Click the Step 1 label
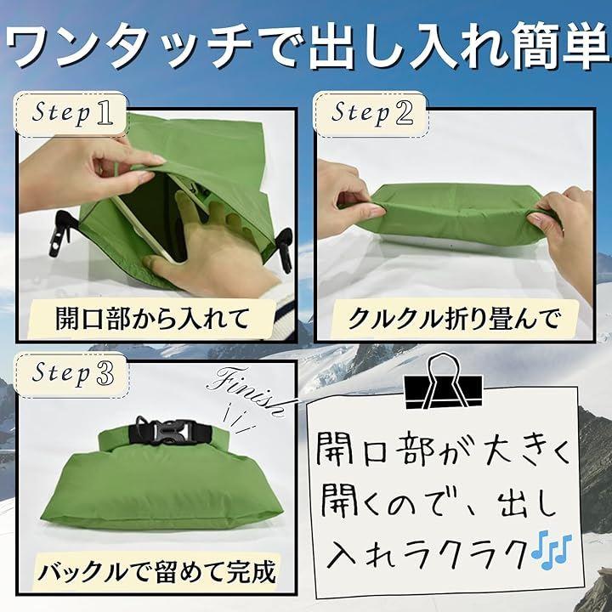click(x=71, y=114)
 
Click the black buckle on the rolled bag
click(x=171, y=432)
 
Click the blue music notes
click(x=551, y=549)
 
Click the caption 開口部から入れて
click(x=152, y=319)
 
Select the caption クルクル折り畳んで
click(x=454, y=319)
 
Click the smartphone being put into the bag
click(x=152, y=218)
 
